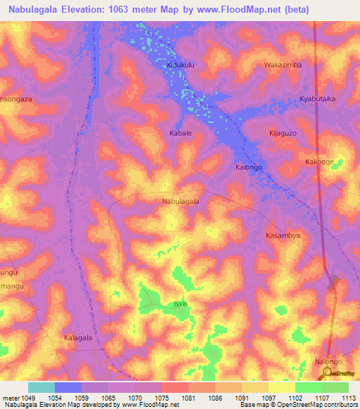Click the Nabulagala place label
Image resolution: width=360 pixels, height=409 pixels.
[181, 201]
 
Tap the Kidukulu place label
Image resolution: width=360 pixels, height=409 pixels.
[181, 65]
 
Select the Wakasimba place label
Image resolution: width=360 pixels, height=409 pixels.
[283, 65]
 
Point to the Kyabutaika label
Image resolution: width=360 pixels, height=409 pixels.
[317, 99]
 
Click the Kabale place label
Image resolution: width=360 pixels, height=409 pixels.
[181, 133]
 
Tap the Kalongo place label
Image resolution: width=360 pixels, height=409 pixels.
[248, 167]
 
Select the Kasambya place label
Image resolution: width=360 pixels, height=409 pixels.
[283, 235]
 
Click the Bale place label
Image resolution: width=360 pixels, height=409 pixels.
[181, 304]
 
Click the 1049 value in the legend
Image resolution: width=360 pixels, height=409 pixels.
[27, 397]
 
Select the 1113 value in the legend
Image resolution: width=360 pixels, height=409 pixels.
[348, 397]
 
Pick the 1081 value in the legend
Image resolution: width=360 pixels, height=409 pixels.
[188, 397]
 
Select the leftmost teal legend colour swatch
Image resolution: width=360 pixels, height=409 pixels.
[41, 387]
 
